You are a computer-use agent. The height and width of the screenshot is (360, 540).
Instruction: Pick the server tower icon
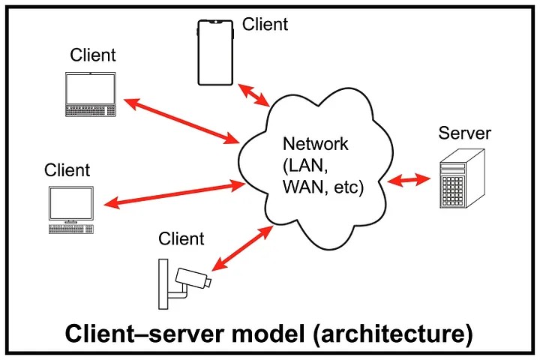pyautogui.click(x=459, y=180)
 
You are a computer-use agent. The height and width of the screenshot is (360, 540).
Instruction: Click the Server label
pyautogui.click(x=464, y=134)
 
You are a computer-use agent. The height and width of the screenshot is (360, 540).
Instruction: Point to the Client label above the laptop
pyautogui.click(x=93, y=55)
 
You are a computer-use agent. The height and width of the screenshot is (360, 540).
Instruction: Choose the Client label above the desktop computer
pyautogui.click(x=67, y=169)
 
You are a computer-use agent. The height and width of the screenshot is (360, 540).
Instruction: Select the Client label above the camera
pyautogui.click(x=181, y=238)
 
